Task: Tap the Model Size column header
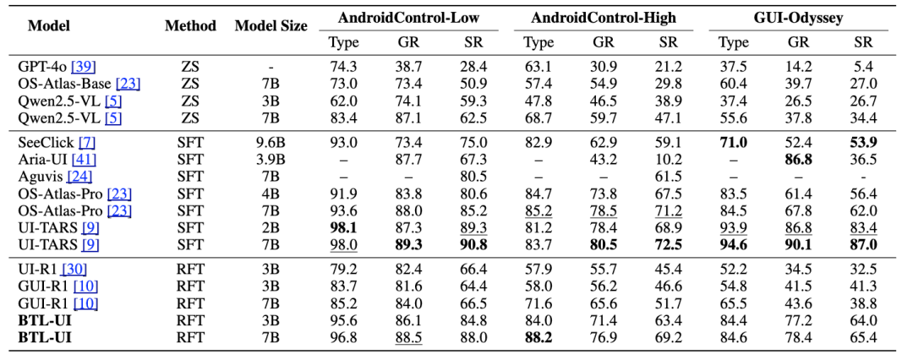tap(271, 25)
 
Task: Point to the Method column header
tap(190, 25)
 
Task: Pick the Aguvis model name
tap(39, 177)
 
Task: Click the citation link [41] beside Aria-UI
tap(83, 160)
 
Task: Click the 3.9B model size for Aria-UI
tap(271, 160)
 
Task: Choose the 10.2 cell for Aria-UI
tap(668, 160)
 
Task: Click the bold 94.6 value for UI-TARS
tap(733, 244)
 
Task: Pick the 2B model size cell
tap(271, 227)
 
